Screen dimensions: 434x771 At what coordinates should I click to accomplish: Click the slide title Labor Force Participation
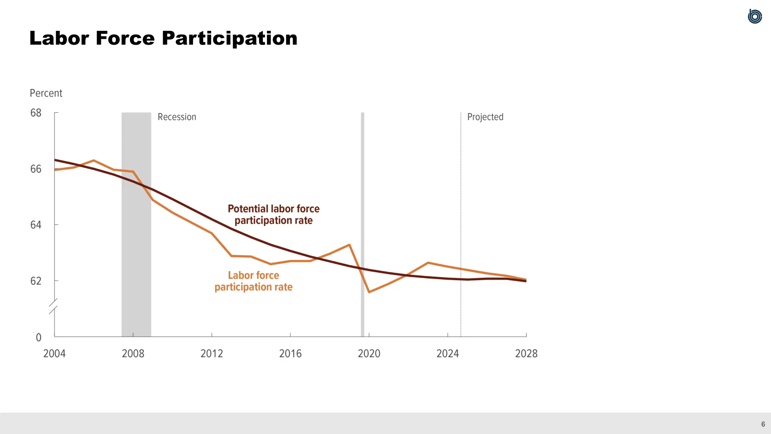point(163,38)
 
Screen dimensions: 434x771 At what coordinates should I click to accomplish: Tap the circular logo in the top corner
point(754,17)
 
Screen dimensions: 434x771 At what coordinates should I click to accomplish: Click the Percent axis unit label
point(46,93)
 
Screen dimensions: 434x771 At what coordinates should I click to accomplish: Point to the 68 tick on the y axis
point(36,113)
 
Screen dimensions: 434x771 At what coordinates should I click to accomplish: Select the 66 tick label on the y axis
point(36,169)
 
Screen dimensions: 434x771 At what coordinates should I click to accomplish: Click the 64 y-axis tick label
point(36,225)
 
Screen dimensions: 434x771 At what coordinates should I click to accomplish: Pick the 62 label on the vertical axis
point(36,281)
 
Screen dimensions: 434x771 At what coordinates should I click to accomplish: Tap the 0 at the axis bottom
point(38,337)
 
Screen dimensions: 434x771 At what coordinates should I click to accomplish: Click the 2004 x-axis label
point(54,353)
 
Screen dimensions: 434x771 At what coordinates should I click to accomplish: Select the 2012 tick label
point(212,353)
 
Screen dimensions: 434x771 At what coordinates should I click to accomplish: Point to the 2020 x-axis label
point(369,353)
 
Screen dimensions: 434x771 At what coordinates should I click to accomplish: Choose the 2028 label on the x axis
point(526,353)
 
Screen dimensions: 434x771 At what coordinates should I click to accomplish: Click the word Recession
point(177,117)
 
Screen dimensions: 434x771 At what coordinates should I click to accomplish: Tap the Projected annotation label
point(485,117)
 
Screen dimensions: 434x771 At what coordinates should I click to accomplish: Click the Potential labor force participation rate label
point(274,214)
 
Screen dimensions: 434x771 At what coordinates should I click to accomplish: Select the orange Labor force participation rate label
point(253,281)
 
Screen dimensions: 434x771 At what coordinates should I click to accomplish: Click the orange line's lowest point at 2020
point(369,292)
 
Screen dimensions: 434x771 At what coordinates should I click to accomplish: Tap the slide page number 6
point(763,424)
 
